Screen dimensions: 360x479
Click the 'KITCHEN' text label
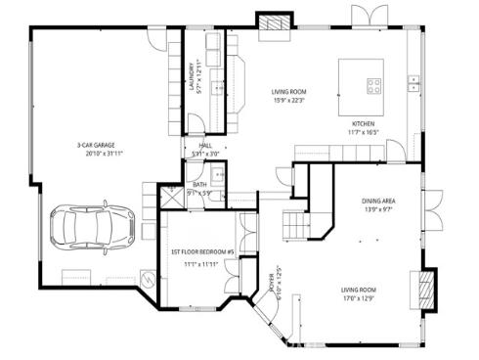364,124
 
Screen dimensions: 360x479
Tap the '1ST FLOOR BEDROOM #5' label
203,251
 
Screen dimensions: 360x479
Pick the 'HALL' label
205,145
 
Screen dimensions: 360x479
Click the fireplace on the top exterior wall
271,21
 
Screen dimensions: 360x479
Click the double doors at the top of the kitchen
367,17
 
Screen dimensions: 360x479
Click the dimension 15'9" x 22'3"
288,99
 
